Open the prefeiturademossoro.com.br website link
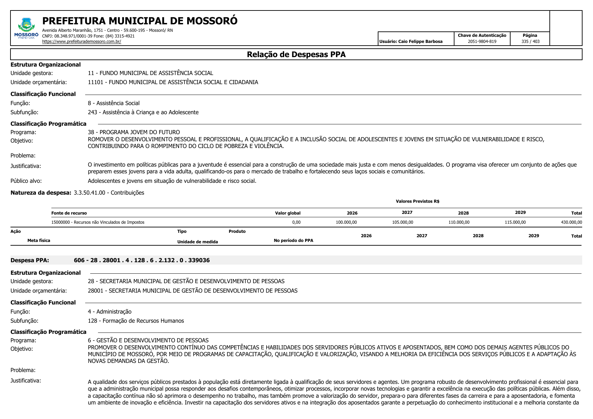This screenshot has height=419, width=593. point(81,42)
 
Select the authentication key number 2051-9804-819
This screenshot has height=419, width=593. point(482,42)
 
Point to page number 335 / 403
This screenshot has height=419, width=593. point(530,42)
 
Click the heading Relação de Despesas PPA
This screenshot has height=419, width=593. point(296,54)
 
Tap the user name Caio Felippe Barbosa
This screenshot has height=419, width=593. point(420,42)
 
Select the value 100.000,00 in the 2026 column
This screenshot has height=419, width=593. point(346,222)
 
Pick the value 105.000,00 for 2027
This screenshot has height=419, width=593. point(402,222)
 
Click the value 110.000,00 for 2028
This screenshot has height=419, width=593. point(459,222)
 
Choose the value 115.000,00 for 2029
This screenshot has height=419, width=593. point(515,222)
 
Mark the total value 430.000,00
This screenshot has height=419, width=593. point(571,222)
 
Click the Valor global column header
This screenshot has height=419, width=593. point(288,213)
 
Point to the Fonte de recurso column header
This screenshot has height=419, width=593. point(69,213)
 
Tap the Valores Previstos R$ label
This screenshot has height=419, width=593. point(417,201)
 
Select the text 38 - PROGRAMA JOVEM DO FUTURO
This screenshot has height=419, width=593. point(134,132)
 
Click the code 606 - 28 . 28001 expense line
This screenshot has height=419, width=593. point(142,260)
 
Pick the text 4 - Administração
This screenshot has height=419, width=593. point(109,312)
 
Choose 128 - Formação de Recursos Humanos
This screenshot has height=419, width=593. point(136,321)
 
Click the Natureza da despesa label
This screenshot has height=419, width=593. point(41,193)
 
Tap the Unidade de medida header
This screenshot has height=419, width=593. point(197,242)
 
